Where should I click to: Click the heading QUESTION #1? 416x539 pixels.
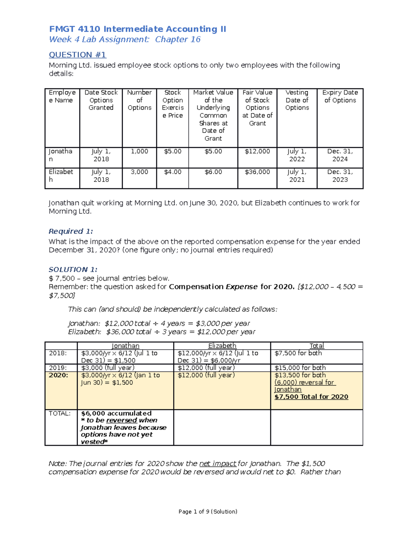pos(77,55)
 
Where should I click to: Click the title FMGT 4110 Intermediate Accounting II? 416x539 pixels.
pos(137,29)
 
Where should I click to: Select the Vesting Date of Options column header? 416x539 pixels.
pos(297,100)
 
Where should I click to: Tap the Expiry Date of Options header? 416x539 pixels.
pos(340,96)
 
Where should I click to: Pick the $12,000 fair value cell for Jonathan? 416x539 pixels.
pos(257,152)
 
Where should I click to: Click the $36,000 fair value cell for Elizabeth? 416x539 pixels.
pos(257,172)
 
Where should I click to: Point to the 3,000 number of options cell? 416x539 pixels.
pos(139,172)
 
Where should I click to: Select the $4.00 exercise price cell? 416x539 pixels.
pos(172,172)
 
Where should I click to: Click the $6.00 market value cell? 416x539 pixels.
pos(213,172)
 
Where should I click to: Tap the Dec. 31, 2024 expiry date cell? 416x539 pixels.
pos(340,155)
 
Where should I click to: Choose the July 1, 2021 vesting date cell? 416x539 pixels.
pos(297,176)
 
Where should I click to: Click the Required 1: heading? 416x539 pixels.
pos(71,231)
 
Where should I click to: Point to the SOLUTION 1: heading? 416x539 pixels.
pos(73,270)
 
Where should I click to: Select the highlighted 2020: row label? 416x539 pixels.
pos(59,375)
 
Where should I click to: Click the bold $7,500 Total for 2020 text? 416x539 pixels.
pos(311,397)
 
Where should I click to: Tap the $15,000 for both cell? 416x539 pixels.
pos(300,368)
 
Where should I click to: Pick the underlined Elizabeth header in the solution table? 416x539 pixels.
pos(222,346)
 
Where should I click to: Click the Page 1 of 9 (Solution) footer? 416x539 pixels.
pos(208,512)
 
